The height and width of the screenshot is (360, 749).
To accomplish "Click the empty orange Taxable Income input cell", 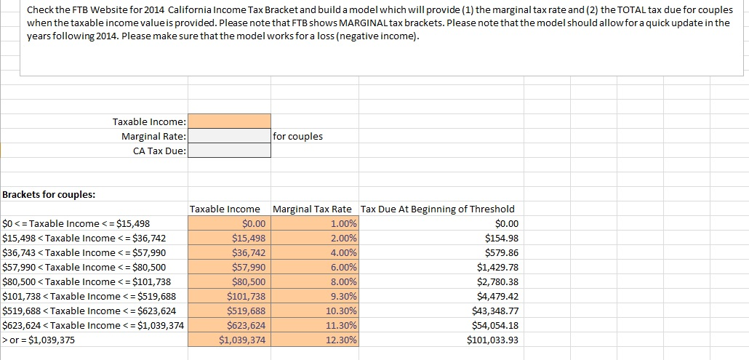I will click(x=229, y=121).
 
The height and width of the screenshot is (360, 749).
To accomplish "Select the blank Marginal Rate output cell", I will click(x=229, y=136).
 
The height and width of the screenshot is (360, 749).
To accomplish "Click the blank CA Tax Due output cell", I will click(x=229, y=151).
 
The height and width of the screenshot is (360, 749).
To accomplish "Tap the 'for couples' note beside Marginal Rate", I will click(x=298, y=136).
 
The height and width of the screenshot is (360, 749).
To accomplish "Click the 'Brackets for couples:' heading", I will click(x=49, y=194).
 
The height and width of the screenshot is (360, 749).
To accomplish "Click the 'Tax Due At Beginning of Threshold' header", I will click(x=437, y=209).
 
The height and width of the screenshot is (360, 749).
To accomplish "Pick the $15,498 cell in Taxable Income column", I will click(x=249, y=238).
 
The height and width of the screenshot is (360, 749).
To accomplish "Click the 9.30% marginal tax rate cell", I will click(x=343, y=296).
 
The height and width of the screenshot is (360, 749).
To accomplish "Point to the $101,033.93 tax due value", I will click(x=493, y=340).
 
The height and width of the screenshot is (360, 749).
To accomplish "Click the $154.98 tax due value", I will click(x=502, y=238).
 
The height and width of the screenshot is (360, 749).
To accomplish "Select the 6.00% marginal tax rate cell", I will click(x=343, y=267).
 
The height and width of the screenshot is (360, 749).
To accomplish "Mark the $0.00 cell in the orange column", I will click(x=254, y=223).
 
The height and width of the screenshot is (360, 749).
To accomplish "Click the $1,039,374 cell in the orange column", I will click(x=243, y=340).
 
